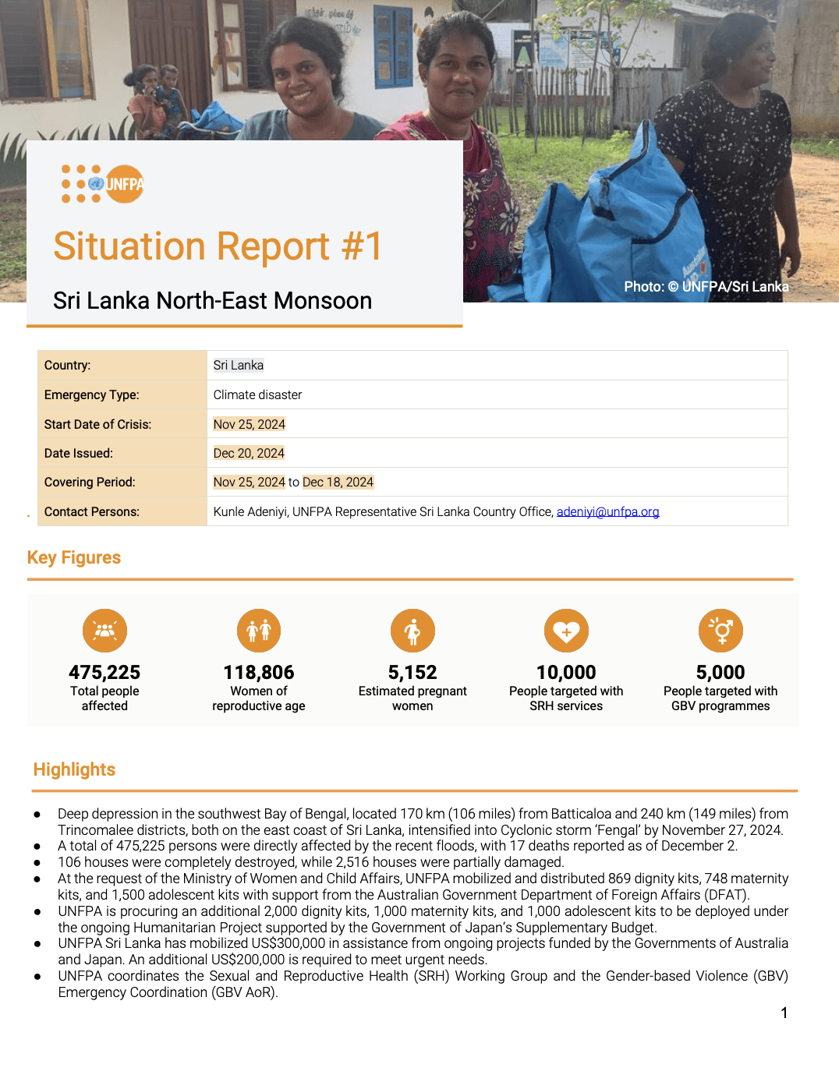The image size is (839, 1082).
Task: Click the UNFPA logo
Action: tap(103, 184)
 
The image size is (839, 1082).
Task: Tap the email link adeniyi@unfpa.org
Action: tap(607, 512)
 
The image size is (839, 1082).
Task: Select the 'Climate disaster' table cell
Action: tap(257, 395)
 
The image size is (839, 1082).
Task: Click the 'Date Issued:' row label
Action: tap(79, 454)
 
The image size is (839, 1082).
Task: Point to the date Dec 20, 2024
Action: tap(249, 454)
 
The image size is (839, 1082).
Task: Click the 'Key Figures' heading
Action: tap(74, 558)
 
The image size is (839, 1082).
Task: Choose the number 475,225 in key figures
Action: tap(104, 672)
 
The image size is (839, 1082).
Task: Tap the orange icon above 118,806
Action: tap(259, 631)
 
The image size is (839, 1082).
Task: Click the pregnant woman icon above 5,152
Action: tap(412, 631)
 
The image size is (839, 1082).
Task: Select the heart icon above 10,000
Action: tap(566, 631)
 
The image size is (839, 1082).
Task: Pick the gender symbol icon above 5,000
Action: tap(720, 631)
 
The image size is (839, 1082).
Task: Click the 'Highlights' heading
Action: tap(74, 770)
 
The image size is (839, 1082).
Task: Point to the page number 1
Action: tap(784, 1013)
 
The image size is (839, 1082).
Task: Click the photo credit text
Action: tap(706, 287)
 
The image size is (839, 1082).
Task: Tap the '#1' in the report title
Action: tap(362, 246)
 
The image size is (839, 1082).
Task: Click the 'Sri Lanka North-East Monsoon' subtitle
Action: tap(212, 301)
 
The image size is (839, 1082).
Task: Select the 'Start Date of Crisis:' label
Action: tap(97, 425)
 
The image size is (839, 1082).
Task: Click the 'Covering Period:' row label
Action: tap(90, 483)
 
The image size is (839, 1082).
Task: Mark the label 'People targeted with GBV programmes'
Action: tap(720, 698)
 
